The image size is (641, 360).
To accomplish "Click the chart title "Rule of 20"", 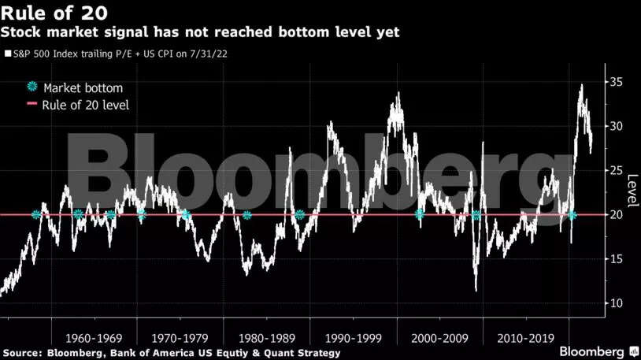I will coord(55,13).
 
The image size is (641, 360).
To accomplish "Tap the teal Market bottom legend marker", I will coord(31,87).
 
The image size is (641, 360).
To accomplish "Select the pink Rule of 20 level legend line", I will coord(31,105).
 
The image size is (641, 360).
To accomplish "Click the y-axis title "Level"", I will coord(630,187).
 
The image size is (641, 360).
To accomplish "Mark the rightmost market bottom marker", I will coord(572,214).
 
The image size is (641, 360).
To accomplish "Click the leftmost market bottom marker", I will coord(35,214).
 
